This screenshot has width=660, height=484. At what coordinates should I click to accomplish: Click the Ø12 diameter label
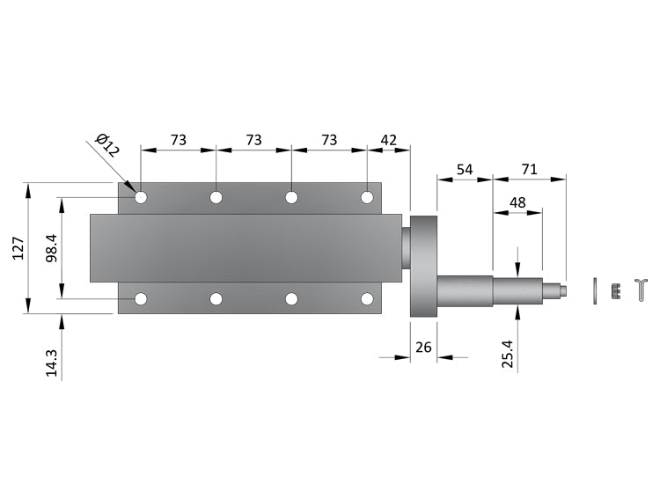click(106, 145)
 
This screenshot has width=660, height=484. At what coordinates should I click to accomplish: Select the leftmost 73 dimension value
click(178, 140)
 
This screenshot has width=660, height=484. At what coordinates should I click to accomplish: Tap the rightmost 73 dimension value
click(328, 140)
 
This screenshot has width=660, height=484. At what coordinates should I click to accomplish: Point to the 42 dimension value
click(388, 140)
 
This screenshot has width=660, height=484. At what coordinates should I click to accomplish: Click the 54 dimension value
click(464, 168)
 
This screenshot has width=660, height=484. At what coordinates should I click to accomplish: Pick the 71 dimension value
click(529, 168)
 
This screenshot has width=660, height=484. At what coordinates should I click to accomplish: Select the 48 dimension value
click(517, 202)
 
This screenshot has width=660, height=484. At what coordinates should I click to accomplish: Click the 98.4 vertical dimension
click(51, 248)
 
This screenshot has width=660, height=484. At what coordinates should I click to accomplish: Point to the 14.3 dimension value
click(51, 363)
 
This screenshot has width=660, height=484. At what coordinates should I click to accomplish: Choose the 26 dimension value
click(423, 348)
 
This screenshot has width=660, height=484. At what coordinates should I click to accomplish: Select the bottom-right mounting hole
click(367, 299)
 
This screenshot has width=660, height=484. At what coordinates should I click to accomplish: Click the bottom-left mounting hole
click(141, 299)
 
